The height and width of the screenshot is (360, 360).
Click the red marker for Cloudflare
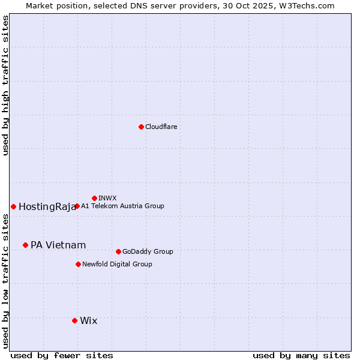point(141,127)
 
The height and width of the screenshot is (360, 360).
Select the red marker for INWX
point(94,198)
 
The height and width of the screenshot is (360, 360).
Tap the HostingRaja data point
point(13,206)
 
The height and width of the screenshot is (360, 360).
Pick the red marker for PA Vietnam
point(25,245)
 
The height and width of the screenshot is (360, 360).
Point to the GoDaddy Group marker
point(118,251)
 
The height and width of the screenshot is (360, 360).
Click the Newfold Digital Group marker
point(78,264)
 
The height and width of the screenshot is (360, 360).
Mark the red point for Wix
point(74,320)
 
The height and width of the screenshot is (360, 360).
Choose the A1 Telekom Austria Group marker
point(77,206)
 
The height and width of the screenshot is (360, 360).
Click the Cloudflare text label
point(161,127)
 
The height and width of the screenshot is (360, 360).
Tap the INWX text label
point(107,198)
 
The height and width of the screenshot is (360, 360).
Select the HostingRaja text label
point(47,207)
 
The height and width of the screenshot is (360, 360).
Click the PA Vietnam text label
point(58,245)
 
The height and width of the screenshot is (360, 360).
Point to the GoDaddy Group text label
point(148,252)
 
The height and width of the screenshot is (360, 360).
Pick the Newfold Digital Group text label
point(117,264)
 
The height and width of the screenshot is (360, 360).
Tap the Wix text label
point(88,321)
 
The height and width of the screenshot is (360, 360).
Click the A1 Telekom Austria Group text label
point(122,206)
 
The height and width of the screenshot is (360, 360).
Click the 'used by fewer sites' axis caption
point(62,355)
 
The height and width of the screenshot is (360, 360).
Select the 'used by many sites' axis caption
point(301,355)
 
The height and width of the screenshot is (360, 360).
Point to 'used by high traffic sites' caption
point(5,85)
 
